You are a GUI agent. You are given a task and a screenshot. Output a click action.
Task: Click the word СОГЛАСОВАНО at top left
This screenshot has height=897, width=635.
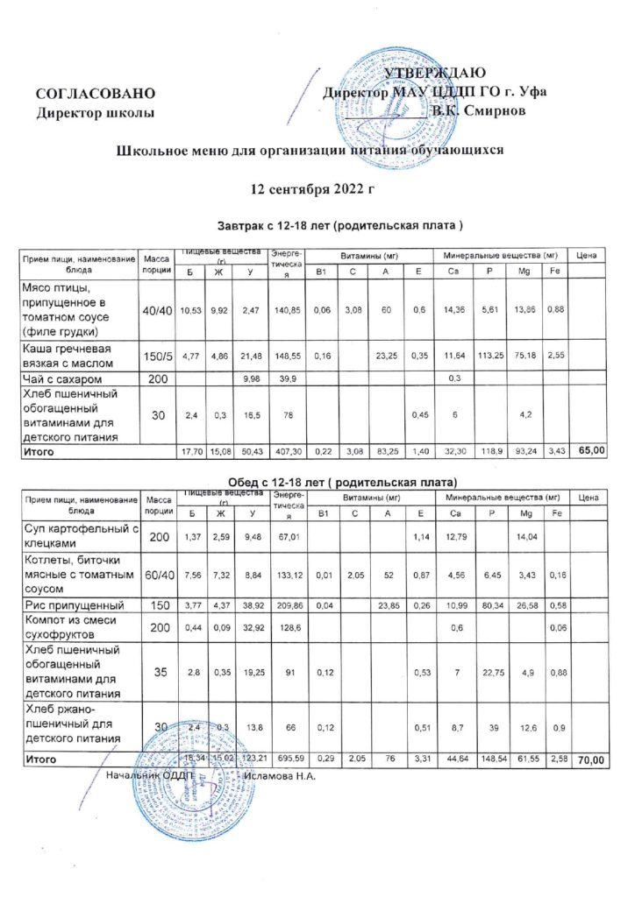pos(96,93)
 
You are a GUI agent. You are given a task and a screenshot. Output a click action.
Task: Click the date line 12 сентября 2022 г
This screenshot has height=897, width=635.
pos(312,188)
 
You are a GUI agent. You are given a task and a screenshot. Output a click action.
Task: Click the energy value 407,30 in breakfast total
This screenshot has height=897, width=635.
pos(288,453)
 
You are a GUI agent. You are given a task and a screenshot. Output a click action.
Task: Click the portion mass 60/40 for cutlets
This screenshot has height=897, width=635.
pos(158,575)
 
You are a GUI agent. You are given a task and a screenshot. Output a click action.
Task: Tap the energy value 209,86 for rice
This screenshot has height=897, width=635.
pos(288,606)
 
